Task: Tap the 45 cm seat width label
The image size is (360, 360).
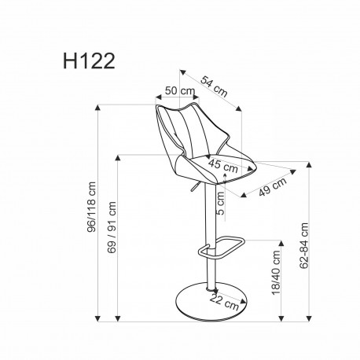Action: (223, 166)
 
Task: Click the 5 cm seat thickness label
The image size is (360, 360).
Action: (221, 203)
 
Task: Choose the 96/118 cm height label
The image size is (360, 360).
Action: (93, 209)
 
